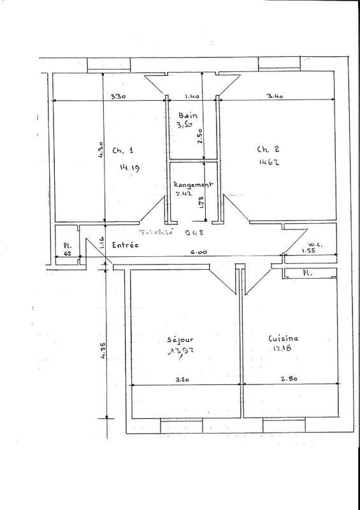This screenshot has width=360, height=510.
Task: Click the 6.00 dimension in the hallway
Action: tap(192, 252)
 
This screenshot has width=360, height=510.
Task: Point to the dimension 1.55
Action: tap(309, 252)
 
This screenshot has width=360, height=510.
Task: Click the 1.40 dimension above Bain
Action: tap(192, 97)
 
